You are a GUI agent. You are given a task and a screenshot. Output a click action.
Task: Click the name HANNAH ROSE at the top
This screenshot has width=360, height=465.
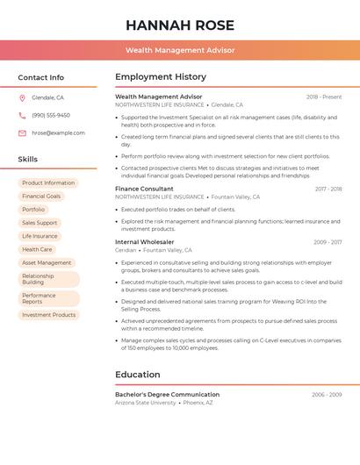point(180,24)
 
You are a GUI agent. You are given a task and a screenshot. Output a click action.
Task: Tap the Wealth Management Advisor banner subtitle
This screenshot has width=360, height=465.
point(180,50)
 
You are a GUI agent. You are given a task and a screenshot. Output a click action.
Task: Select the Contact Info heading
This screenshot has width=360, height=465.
point(41,77)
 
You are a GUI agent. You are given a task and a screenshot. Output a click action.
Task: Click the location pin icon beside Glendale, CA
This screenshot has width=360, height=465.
point(22,97)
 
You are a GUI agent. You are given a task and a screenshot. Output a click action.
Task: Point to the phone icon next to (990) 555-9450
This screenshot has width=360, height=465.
point(22,115)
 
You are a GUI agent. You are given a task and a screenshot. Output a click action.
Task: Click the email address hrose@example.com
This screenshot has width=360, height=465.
point(58,132)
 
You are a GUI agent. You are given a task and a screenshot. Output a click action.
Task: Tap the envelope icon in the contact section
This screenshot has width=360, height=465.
point(22,132)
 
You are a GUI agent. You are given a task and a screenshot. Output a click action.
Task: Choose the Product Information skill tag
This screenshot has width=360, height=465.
point(48,183)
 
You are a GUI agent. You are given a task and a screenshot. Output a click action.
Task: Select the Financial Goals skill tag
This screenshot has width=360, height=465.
point(41,197)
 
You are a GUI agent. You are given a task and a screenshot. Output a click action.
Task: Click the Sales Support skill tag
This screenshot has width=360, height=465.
point(40,223)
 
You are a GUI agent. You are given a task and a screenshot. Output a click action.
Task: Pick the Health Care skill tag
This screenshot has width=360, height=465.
point(37,249)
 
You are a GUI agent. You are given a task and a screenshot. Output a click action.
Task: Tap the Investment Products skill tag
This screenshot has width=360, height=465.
point(49,315)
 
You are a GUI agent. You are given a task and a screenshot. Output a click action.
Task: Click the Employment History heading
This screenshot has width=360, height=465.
point(161,77)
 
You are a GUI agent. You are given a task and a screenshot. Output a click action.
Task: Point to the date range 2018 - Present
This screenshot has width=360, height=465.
point(324,97)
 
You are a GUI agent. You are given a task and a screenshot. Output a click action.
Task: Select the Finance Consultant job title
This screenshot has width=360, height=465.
point(144,189)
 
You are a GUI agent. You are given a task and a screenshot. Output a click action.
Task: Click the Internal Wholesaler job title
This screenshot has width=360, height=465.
point(144,241)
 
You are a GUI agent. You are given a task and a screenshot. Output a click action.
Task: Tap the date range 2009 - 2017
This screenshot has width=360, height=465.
point(327,241)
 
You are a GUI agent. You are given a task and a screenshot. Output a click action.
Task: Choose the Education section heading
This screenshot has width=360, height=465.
point(137,375)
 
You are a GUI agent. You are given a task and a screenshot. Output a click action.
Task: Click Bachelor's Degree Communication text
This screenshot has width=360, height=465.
point(167,395)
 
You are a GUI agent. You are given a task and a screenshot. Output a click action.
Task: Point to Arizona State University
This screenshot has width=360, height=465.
point(145,403)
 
